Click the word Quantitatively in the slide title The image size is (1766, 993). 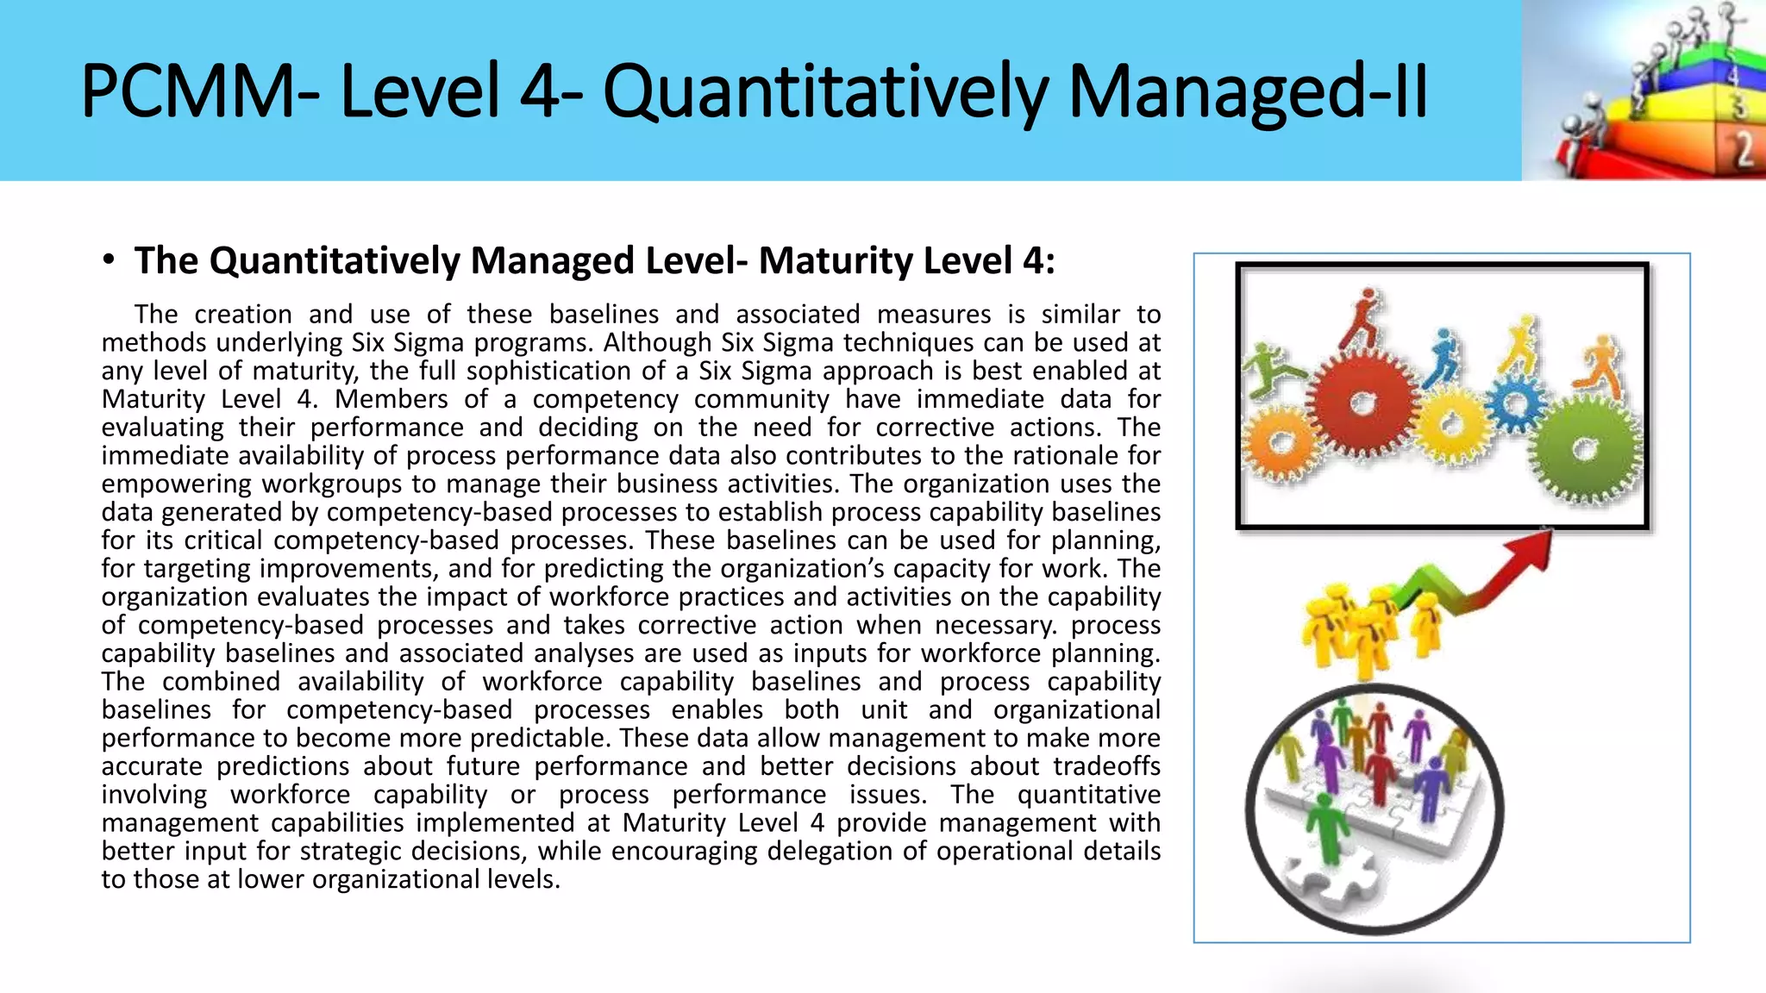(x=824, y=91)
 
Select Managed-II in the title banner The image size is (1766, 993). (x=1248, y=91)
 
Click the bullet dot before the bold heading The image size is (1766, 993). (x=108, y=259)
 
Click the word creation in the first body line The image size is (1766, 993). (x=243, y=314)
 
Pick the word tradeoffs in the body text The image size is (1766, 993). (x=1108, y=766)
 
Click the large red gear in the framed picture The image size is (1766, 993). (x=1362, y=403)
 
